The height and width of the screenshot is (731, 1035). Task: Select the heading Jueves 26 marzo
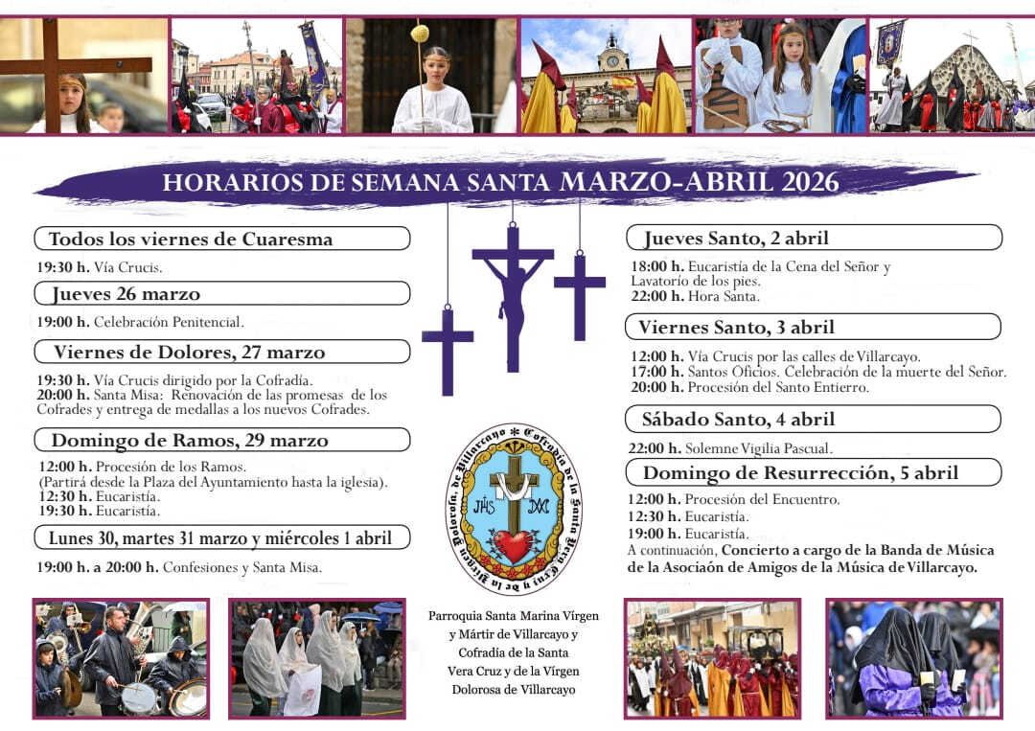point(126,294)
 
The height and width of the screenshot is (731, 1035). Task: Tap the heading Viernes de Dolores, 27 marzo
point(189,353)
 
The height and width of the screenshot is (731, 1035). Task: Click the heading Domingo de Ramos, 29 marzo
point(189,441)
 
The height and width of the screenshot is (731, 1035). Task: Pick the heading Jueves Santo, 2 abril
point(736,238)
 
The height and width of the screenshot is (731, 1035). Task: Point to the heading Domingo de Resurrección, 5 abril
point(800,472)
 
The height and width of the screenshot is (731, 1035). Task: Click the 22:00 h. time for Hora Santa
point(655,296)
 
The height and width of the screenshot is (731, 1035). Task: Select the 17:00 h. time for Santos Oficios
point(655,372)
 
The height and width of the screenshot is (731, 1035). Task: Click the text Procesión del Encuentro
point(764,499)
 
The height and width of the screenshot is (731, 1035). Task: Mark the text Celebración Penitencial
point(169,322)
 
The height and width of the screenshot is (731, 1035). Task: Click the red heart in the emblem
point(514,546)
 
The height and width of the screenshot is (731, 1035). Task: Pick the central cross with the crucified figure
point(513,287)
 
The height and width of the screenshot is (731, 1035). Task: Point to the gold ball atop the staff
point(419,34)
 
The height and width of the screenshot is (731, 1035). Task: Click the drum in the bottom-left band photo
point(140,697)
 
